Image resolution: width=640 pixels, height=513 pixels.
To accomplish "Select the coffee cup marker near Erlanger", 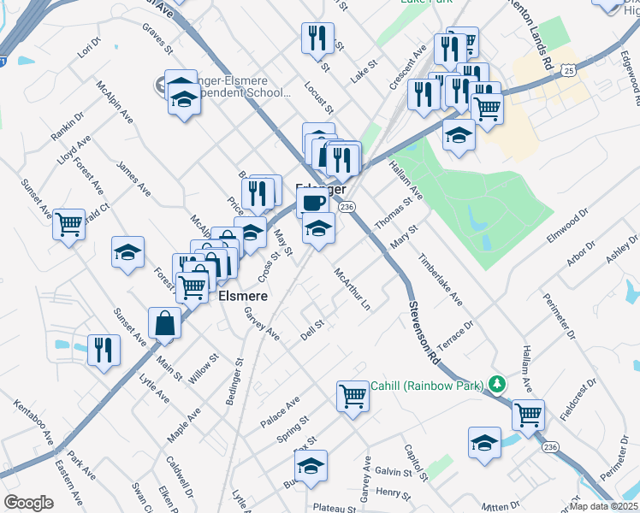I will [312, 203].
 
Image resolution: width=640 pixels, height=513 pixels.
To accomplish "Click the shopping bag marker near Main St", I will [164, 324].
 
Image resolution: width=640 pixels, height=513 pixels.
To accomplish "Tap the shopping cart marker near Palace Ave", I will [353, 397].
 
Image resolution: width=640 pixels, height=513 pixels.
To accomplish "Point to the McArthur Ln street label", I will [353, 289].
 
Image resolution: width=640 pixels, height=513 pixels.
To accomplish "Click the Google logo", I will [29, 503].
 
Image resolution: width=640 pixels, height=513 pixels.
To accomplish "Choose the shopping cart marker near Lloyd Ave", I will [68, 224].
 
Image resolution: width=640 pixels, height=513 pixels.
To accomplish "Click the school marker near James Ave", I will [127, 252].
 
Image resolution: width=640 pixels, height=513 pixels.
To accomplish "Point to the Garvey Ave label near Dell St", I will [261, 323].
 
